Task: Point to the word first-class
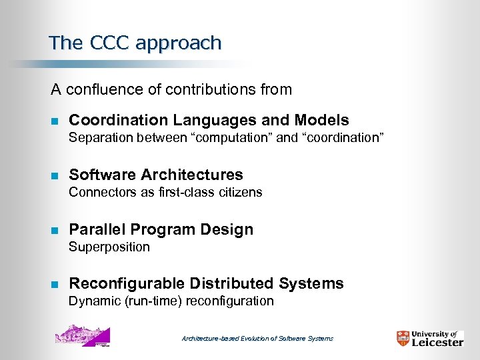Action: pos(186,192)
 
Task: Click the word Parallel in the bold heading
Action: pos(97,229)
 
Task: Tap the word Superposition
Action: pos(109,247)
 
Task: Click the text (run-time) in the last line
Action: pos(151,301)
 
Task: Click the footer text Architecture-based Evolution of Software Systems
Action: pos(257,339)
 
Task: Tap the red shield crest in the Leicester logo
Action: pos(403,338)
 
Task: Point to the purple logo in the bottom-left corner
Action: pos(82,335)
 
